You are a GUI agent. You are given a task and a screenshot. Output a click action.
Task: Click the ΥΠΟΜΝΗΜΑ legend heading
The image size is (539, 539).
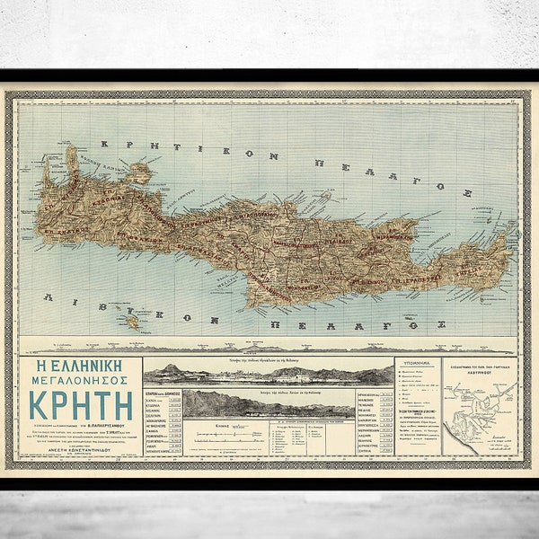click(421, 365)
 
